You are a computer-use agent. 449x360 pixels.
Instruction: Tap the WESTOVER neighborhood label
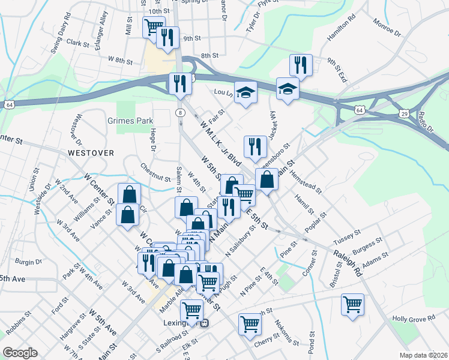point(91,153)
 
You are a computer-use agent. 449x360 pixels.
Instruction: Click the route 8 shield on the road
point(180,112)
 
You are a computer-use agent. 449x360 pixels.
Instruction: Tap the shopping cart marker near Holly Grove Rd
point(352,304)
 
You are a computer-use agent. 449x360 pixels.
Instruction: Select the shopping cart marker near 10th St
point(154,27)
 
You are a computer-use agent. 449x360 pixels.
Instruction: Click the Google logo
point(20,353)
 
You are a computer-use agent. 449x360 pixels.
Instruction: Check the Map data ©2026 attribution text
point(423,355)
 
